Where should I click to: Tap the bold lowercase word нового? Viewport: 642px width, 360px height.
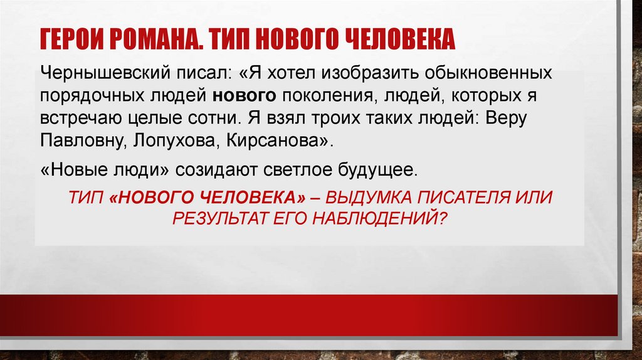pos(245,96)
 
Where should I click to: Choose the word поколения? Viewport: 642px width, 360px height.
pos(325,96)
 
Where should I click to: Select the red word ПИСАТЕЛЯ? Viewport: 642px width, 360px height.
pos(471,198)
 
